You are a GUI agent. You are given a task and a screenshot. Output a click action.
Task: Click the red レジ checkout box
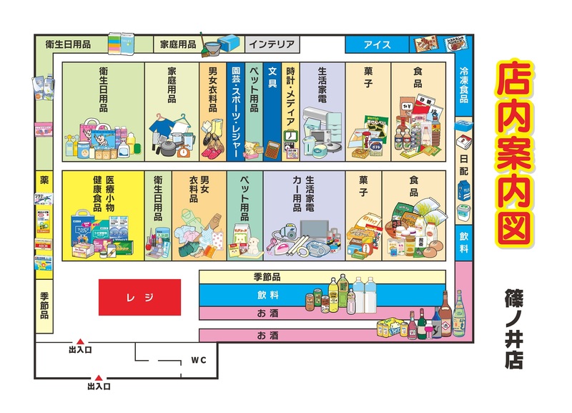pyautogui.click(x=139, y=296)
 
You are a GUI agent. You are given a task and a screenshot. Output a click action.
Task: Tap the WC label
pyautogui.click(x=198, y=360)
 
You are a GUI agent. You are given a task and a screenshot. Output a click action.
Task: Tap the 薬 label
pyautogui.click(x=44, y=180)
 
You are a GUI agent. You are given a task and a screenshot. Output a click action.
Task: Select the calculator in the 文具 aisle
pyautogui.click(x=272, y=150)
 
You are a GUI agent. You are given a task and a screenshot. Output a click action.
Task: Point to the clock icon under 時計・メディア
pyautogui.click(x=290, y=137)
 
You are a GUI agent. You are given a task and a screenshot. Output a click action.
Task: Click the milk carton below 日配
pyautogui.click(x=464, y=191)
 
